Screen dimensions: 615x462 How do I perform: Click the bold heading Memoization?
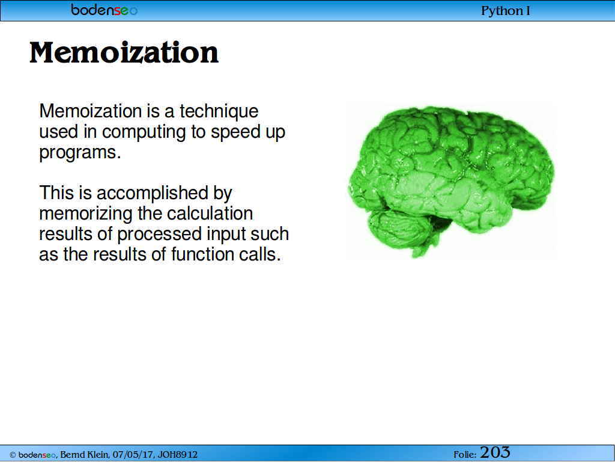coord(124,53)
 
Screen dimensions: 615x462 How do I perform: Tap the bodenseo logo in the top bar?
coord(105,10)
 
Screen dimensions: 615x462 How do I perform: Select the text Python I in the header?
coord(506,11)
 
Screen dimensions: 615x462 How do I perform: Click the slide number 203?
coord(495,452)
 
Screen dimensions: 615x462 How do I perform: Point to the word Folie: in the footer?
coord(465,455)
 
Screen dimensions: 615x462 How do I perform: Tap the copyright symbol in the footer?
coord(13,455)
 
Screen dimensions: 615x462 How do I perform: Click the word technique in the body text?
coord(219,111)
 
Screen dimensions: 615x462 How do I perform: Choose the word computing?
coord(144,132)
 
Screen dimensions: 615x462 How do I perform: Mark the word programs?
coord(80,153)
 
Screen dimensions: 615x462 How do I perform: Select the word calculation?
coord(210,214)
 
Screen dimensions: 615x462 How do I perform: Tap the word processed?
coord(160,235)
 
